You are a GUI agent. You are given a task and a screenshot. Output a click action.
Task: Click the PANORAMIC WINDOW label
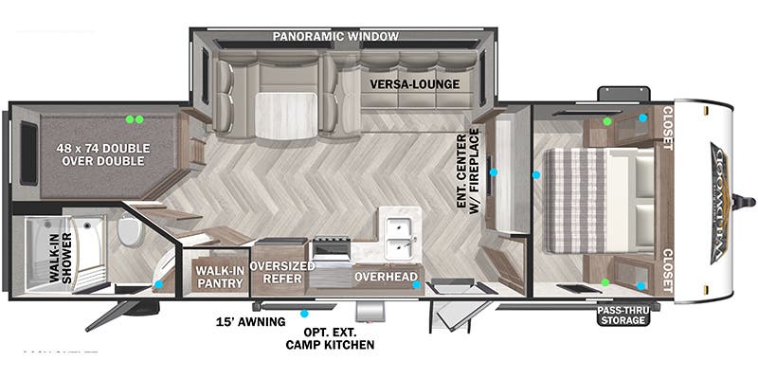tap(335, 37)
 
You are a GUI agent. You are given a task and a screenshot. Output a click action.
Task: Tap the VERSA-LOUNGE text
tap(415, 84)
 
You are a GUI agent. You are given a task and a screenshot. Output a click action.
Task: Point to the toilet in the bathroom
tap(130, 230)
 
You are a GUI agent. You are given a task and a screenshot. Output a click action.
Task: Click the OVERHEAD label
tap(386, 278)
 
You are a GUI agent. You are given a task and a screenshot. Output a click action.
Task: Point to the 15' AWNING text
tap(251, 322)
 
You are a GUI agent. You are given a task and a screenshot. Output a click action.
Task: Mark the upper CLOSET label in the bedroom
tap(667, 129)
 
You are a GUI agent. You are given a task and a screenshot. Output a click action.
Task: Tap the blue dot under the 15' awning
tap(305, 312)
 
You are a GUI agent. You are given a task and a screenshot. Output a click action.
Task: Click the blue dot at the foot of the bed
tap(536, 175)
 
